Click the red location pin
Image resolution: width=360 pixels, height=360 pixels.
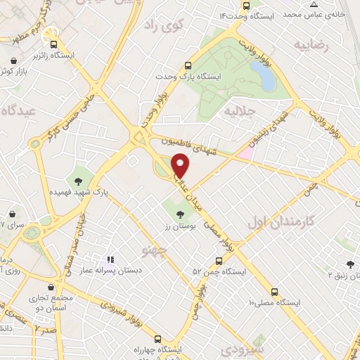pyautogui.click(x=181, y=165)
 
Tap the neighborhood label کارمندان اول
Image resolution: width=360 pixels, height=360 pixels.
pyautogui.click(x=278, y=223)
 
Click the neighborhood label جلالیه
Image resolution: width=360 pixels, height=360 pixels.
pyautogui.click(x=237, y=111)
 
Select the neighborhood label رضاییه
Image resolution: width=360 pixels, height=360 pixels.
pyautogui.click(x=311, y=47)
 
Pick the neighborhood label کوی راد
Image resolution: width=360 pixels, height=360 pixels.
pyautogui.click(x=162, y=26)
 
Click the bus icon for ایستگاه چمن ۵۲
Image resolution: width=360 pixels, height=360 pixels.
pyautogui.click(x=220, y=260)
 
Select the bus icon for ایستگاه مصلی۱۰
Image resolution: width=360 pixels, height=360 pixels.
pyautogui.click(x=274, y=292)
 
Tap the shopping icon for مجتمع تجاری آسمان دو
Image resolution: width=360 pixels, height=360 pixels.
pyautogui.click(x=50, y=287)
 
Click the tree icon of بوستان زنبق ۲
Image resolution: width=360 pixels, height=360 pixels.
pyautogui.click(x=349, y=265)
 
